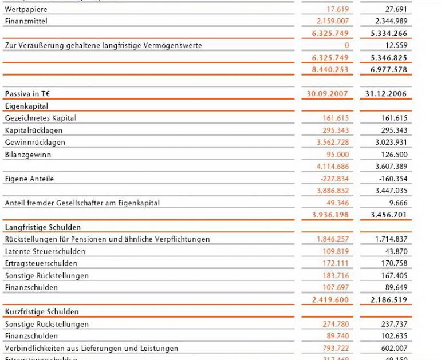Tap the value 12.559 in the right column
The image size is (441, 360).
coord(395,46)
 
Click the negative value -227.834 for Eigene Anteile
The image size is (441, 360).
coord(330,178)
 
